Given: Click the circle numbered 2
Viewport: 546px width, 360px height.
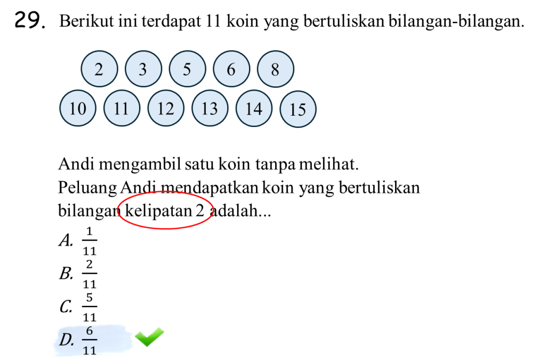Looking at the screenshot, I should [99, 69].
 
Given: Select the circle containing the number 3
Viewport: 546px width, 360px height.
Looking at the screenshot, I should [143, 69].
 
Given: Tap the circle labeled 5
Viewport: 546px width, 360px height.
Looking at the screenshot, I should [187, 69].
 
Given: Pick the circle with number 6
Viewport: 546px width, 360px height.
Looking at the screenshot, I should [231, 69].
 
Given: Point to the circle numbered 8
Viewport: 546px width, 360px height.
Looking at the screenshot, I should [275, 69].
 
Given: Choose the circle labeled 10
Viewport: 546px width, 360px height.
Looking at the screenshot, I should [77, 108].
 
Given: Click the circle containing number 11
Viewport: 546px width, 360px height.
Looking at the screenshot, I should [122, 108].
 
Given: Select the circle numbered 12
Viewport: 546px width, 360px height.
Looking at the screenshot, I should [165, 108].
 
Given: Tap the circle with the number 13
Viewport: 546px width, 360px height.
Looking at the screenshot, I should [210, 108].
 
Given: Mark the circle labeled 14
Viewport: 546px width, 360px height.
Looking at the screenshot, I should [254, 108].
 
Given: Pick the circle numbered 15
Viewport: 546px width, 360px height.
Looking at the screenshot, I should [298, 109].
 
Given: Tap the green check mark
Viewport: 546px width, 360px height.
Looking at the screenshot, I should [149, 337].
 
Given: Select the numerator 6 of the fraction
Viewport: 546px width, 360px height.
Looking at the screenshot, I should [89, 331].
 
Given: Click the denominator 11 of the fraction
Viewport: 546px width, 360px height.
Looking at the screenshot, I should [90, 350].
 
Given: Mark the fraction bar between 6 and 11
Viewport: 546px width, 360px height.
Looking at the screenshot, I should [90, 340].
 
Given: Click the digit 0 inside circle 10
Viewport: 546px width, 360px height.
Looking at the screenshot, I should [82, 108].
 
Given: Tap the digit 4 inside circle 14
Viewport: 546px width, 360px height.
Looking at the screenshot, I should [259, 108].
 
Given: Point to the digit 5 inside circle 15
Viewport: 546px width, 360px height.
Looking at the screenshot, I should [302, 109].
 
